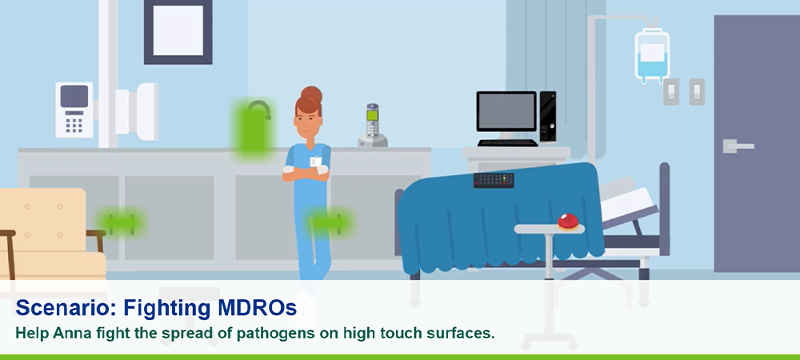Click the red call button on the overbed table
click(x=568, y=222)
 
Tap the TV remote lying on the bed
click(x=494, y=181)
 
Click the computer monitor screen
click(x=506, y=112)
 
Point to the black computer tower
click(x=547, y=116)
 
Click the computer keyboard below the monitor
click(x=508, y=142)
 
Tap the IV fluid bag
click(x=651, y=55)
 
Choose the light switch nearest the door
click(x=697, y=92)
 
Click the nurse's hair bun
click(x=311, y=94)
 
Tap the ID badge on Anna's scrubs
click(x=316, y=161)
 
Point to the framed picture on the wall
click(x=178, y=32)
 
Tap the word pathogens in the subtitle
click(x=272, y=334)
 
